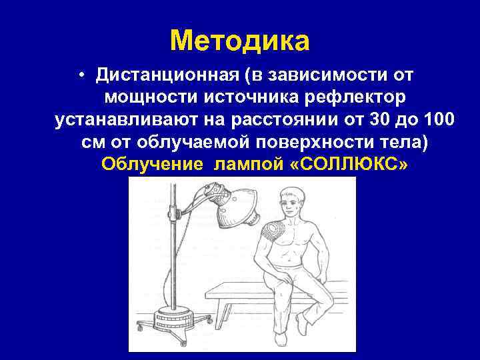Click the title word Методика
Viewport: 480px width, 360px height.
[240, 41]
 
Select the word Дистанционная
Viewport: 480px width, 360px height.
[170, 75]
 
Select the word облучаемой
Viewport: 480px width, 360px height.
[217, 143]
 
